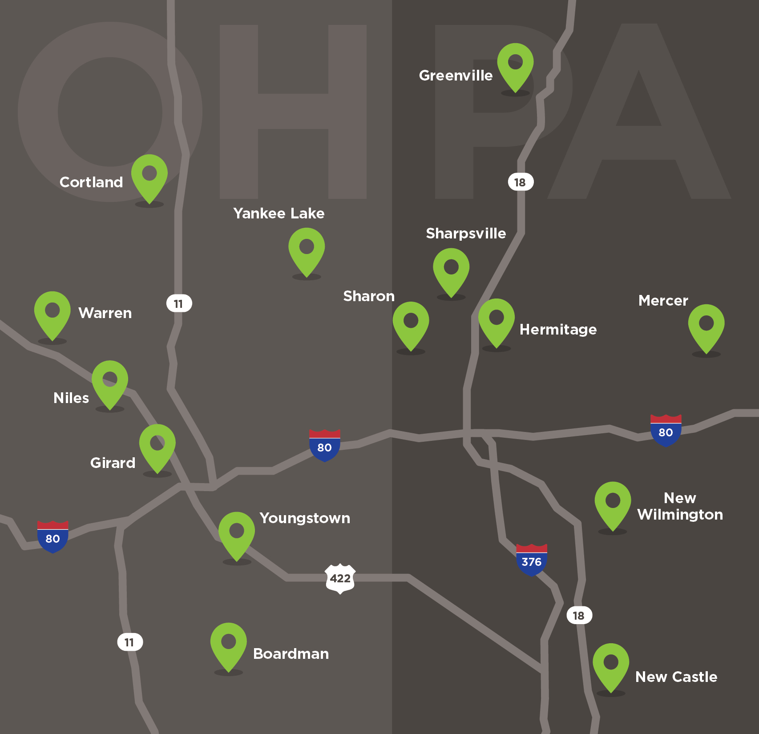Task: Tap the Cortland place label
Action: pos(91,182)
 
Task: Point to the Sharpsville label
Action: pos(466,233)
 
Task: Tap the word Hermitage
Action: pos(558,329)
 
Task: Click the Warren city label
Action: pos(105,313)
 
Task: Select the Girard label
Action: pos(113,463)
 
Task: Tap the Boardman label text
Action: pos(291,653)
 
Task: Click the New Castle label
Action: pos(676,677)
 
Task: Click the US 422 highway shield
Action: pos(340,578)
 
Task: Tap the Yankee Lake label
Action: pos(279,213)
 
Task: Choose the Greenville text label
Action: pos(456,75)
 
